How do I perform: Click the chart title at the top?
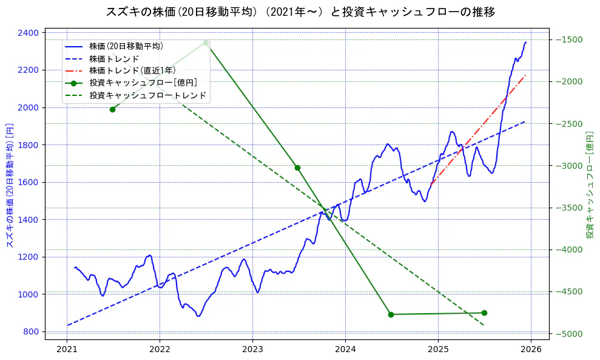(x=300, y=12)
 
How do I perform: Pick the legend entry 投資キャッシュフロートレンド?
(x=147, y=95)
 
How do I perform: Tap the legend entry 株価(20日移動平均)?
(x=126, y=46)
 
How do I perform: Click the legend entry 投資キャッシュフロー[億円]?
(x=143, y=83)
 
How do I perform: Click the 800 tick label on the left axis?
(x=32, y=331)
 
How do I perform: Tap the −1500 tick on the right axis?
(x=568, y=40)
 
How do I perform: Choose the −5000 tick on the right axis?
(x=568, y=334)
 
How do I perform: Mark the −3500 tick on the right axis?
(x=568, y=208)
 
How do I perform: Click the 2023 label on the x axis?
(x=252, y=349)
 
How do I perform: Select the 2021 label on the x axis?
(x=67, y=349)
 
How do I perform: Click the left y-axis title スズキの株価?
(x=10, y=183)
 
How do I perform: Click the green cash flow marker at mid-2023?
(x=297, y=168)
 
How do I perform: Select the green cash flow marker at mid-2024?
(x=391, y=314)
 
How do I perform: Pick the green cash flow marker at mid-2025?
(x=484, y=313)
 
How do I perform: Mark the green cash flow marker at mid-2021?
(x=112, y=109)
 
